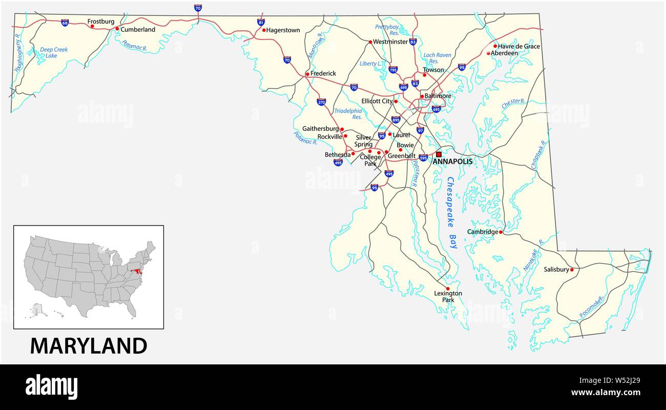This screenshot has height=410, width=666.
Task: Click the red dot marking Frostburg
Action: click(93, 26)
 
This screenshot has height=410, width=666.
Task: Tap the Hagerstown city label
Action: click(283, 30)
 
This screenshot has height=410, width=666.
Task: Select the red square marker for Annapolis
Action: click(439, 154)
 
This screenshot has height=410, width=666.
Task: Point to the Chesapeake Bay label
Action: click(451, 213)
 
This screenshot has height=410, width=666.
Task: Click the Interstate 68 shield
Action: click(65, 23)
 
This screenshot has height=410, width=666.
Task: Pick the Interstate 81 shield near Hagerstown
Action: click(261, 23)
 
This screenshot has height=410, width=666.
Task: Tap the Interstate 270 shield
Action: click(321, 102)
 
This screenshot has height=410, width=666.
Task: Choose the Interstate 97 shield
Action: click(420, 131)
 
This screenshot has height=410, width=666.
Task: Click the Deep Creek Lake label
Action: click(54, 52)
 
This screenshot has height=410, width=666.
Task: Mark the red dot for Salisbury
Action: click(572, 269)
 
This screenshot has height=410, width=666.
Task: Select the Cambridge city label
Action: click(482, 232)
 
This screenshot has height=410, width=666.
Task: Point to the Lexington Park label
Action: click(448, 297)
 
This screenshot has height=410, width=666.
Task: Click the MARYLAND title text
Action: click(89, 346)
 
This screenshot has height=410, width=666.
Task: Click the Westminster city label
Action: click(390, 42)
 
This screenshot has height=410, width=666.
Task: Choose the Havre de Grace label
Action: click(519, 46)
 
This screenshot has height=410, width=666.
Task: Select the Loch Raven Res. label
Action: click(437, 58)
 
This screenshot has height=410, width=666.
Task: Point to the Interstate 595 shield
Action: click(423, 158)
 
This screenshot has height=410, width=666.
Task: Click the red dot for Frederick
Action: click(307, 74)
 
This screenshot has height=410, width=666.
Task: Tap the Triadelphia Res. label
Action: click(348, 114)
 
